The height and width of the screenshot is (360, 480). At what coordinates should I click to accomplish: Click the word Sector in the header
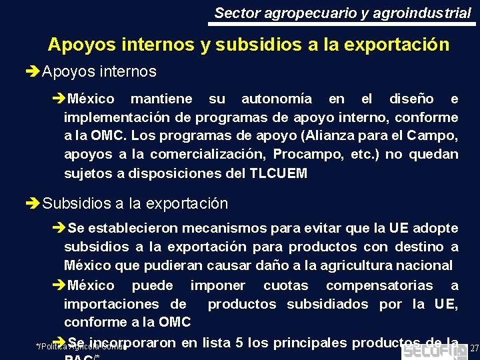pos(233,13)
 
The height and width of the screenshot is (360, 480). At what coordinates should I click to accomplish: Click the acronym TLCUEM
pos(279,173)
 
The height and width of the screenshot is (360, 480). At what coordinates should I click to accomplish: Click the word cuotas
pos(286,286)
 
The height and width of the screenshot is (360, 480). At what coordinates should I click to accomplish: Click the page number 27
pos(474,349)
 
